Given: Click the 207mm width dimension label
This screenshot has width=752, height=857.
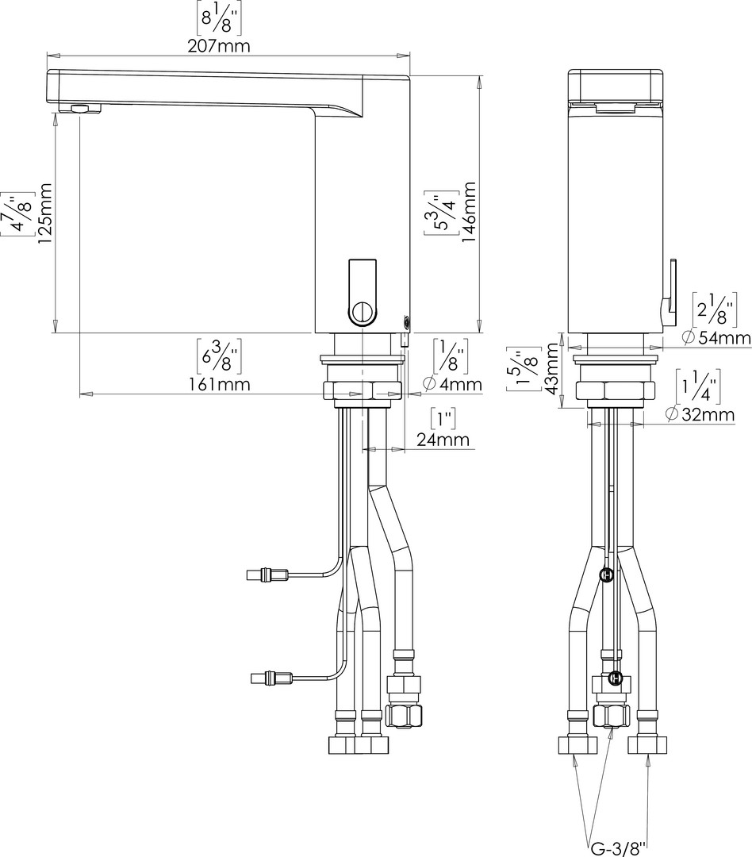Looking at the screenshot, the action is pos(219,46).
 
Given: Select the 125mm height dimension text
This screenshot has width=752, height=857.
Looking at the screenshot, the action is pos(44,213).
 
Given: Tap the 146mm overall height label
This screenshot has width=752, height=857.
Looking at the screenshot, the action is pos(469,213).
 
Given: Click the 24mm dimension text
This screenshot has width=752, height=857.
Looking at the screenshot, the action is pos(443,440).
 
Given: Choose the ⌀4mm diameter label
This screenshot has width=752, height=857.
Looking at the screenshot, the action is pos(452,384).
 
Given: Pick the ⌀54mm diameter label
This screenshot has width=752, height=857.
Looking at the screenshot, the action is pos(716,338).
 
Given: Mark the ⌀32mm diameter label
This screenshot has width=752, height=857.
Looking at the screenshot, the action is pos(700,414).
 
